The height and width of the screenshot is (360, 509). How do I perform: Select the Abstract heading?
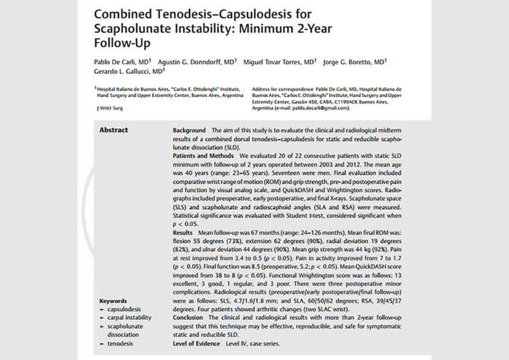tap(113, 130)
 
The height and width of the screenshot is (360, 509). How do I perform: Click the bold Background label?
tap(190, 130)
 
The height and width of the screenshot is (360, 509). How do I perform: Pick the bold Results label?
tap(183, 233)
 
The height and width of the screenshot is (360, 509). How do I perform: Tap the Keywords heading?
tap(113, 301)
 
